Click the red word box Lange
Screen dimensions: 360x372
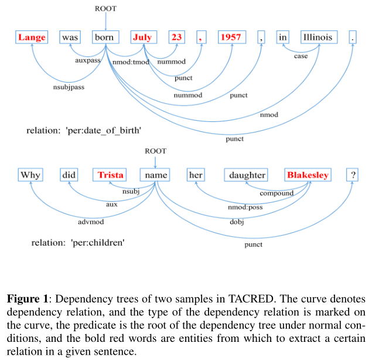click(x=32, y=38)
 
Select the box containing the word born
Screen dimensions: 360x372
click(x=106, y=38)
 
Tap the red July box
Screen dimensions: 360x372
click(x=142, y=38)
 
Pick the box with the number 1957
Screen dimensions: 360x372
click(x=230, y=38)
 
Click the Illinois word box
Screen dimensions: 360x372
click(x=318, y=38)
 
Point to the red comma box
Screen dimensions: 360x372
click(x=200, y=38)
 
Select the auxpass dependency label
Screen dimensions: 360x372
click(x=87, y=61)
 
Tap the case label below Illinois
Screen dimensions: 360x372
click(x=301, y=57)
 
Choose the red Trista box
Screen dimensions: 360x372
click(x=111, y=175)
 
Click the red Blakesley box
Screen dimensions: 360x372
click(x=308, y=175)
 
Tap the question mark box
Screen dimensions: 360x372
click(x=353, y=175)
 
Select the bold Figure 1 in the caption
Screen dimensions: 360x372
click(x=27, y=299)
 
